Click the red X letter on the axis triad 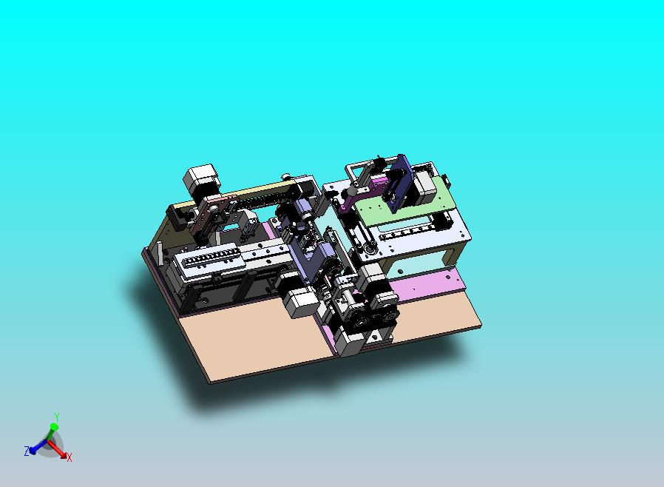[70, 457]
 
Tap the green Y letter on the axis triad [56, 417]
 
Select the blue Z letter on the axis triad [27, 451]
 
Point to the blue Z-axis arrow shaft [41, 445]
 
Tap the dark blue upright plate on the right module [400, 183]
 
